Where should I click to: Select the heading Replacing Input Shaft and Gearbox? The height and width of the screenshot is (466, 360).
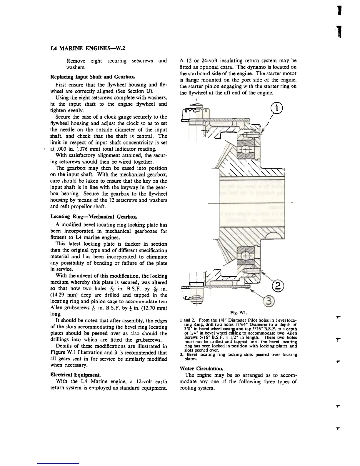(93, 77)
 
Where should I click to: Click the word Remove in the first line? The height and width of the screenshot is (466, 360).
(76, 61)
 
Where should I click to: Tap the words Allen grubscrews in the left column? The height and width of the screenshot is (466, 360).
(69, 308)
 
